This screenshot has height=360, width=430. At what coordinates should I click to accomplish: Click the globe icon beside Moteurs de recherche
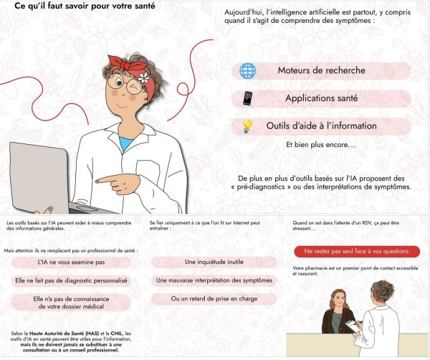247,71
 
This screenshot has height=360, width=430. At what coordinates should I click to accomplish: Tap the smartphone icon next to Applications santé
247,98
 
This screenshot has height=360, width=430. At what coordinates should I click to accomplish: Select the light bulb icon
247,126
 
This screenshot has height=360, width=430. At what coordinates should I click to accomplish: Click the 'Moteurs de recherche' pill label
321,71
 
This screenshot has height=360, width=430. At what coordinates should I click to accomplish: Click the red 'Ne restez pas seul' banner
357,252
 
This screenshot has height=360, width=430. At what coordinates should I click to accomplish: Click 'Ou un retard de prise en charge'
214,298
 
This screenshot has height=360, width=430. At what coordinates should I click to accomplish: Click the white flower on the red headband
143,77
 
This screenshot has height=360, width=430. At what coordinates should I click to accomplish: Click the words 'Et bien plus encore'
320,145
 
